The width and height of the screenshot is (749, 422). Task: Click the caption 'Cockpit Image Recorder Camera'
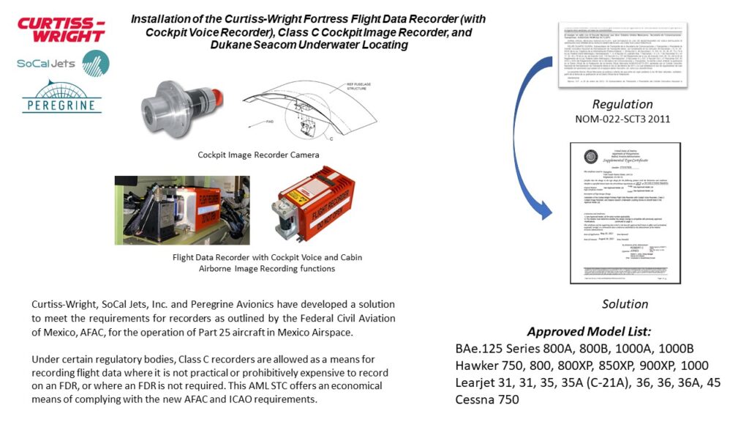[x=258, y=155]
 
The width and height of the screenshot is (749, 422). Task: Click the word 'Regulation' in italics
[x=622, y=103]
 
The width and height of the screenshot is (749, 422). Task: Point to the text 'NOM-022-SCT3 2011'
[x=622, y=118]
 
